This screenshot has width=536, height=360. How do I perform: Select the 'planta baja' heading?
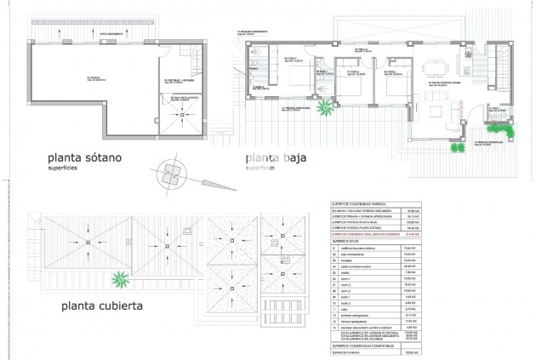(277, 158)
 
